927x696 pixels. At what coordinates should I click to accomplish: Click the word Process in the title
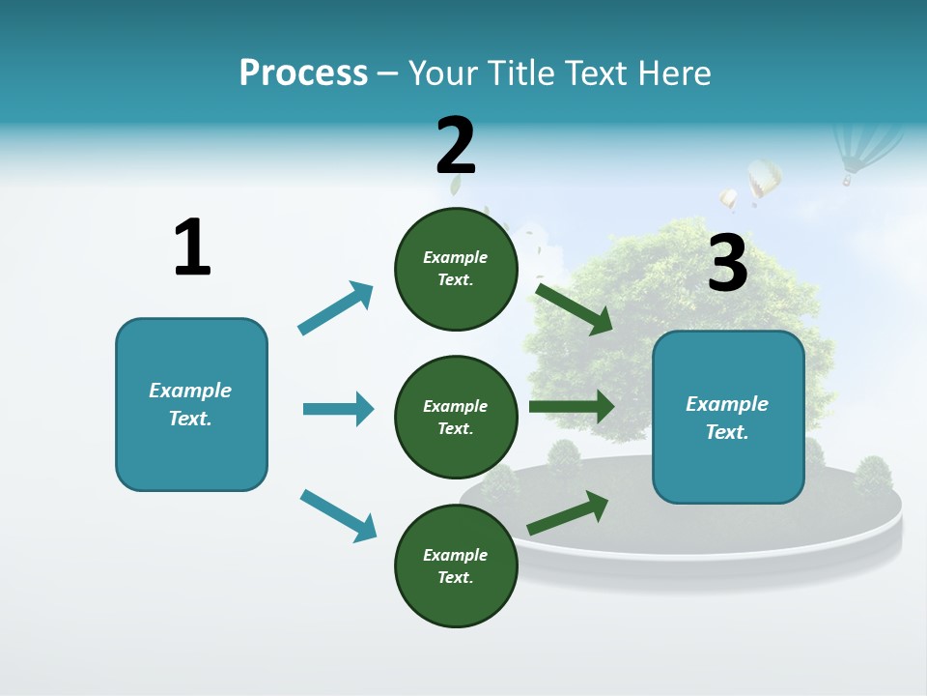click(x=303, y=73)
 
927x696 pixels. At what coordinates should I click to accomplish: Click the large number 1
click(x=192, y=247)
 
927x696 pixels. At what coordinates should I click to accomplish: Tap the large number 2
click(x=456, y=145)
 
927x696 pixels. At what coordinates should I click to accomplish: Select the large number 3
click(x=728, y=263)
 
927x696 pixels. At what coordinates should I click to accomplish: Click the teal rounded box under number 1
click(x=191, y=404)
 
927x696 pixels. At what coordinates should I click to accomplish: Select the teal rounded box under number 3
click(x=728, y=418)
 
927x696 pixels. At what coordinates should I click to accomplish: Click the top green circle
click(x=456, y=269)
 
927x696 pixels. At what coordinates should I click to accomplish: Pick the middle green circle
click(x=456, y=418)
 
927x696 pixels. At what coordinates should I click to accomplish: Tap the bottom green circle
click(x=456, y=566)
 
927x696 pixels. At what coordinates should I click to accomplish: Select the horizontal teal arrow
click(x=338, y=409)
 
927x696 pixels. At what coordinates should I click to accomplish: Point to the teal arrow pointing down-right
click(x=338, y=515)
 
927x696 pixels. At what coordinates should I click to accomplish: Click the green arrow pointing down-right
click(x=575, y=308)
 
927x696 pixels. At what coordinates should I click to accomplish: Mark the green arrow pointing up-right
click(x=568, y=513)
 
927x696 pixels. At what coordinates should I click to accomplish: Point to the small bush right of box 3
click(x=872, y=476)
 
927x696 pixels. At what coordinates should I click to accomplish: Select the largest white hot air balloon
click(x=764, y=179)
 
